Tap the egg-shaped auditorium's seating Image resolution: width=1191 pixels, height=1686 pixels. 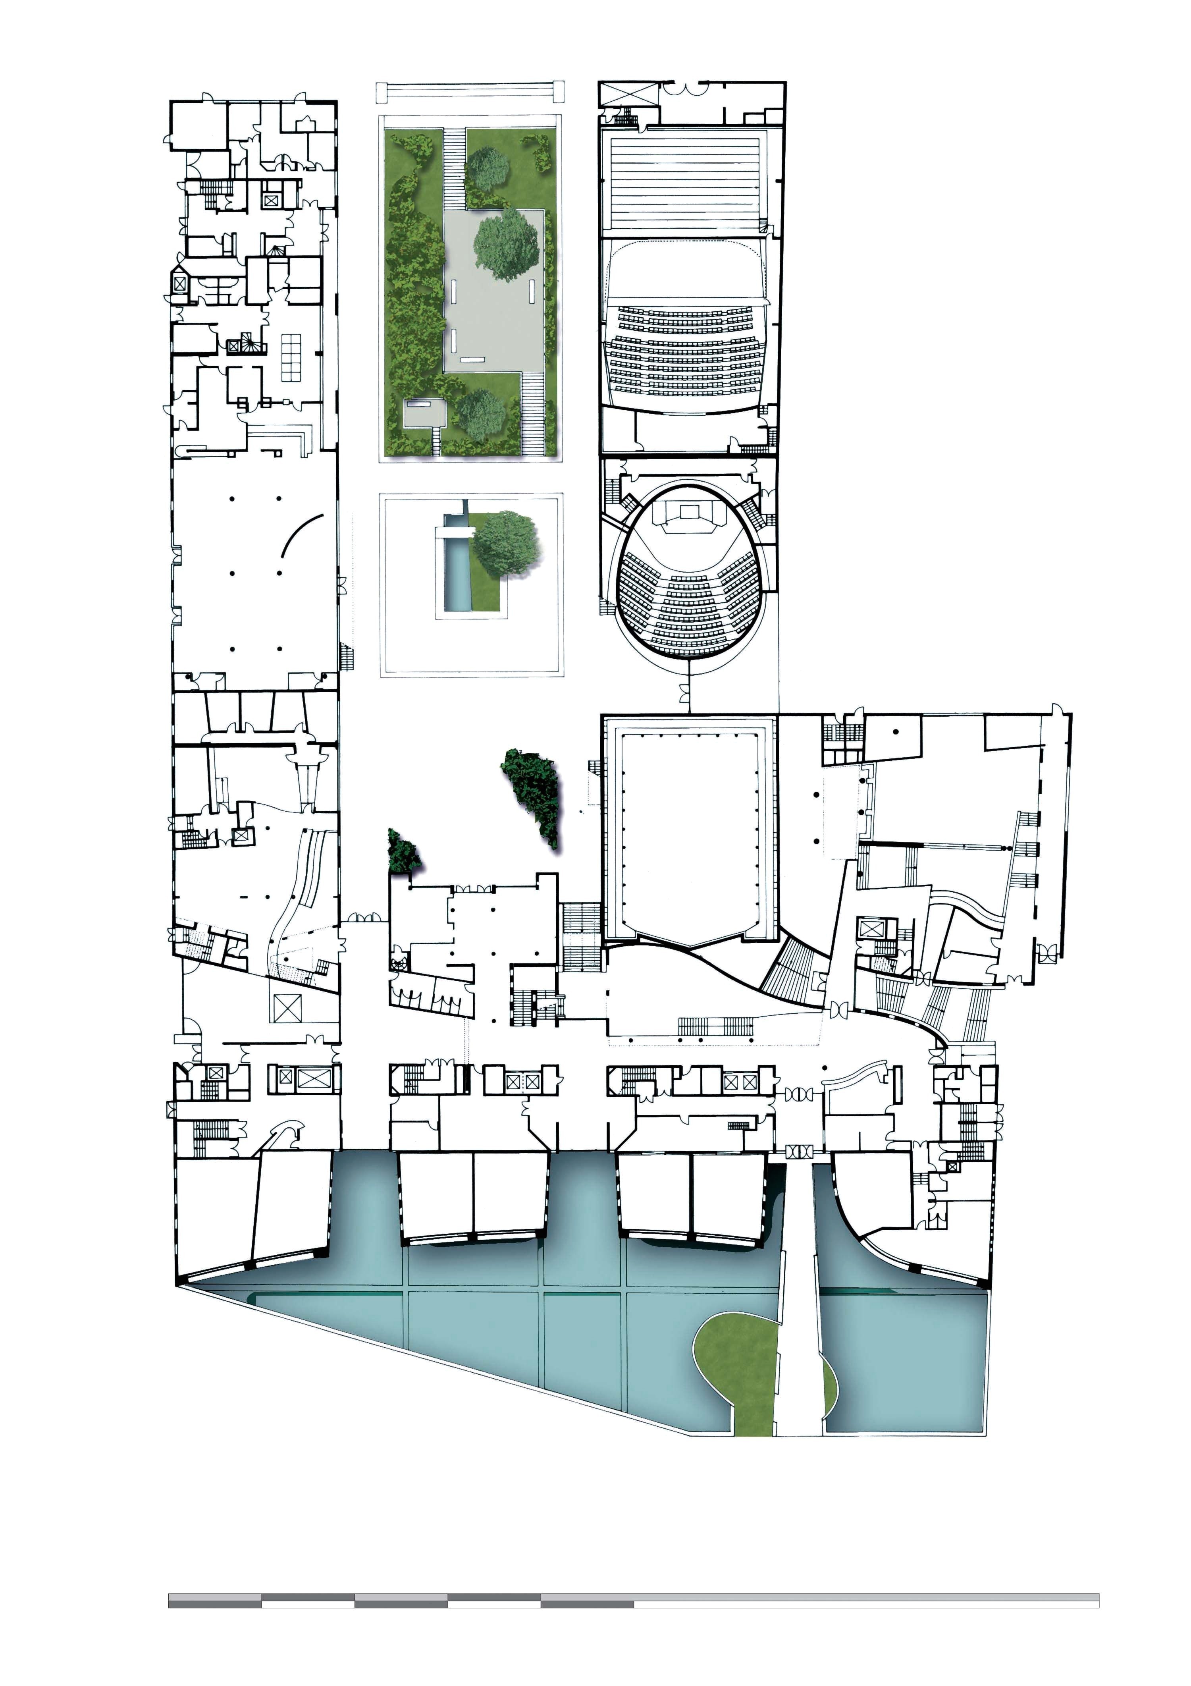[x=689, y=602]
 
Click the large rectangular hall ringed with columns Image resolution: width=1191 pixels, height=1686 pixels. [x=689, y=830]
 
